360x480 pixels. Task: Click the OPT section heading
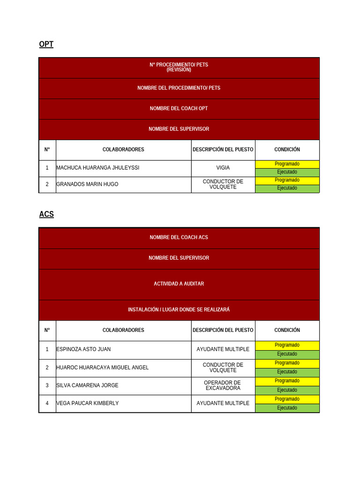[46, 45]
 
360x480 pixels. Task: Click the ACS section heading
[46, 214]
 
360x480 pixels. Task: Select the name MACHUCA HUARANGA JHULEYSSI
[97, 168]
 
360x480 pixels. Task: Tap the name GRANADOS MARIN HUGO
[87, 184]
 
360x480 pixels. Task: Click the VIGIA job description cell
[223, 168]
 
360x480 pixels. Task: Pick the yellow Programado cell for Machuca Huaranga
[287, 164]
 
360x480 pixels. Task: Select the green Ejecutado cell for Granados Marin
[287, 188]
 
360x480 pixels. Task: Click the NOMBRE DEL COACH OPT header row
[179, 108]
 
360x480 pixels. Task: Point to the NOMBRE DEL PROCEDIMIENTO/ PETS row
[179, 88]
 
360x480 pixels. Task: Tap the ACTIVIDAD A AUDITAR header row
[179, 284]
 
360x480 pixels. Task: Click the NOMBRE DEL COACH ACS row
[179, 237]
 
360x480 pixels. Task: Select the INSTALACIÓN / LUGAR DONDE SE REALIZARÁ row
[179, 310]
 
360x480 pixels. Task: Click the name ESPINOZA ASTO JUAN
[83, 349]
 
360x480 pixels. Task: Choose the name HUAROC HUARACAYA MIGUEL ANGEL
[102, 367]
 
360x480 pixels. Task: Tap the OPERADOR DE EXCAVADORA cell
[223, 385]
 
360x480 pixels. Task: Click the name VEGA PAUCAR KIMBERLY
[87, 403]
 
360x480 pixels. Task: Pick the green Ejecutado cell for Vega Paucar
[287, 408]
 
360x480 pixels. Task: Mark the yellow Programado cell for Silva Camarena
[287, 381]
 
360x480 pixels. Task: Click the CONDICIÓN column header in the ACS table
[287, 330]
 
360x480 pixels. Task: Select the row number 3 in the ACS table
[47, 385]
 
